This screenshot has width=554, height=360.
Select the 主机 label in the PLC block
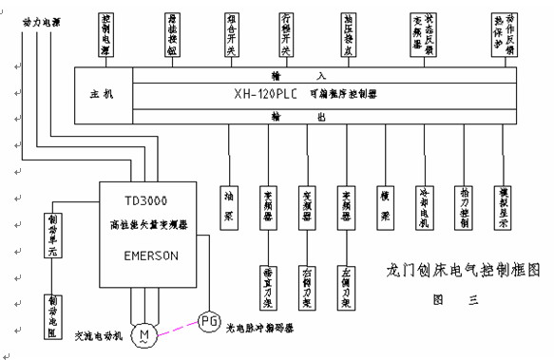coord(101,95)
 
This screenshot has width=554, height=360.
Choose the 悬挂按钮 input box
coord(171,35)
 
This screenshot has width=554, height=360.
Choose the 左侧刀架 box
coord(346,281)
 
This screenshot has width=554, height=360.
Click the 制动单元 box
coord(51,231)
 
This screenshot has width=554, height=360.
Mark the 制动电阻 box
coord(51,312)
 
